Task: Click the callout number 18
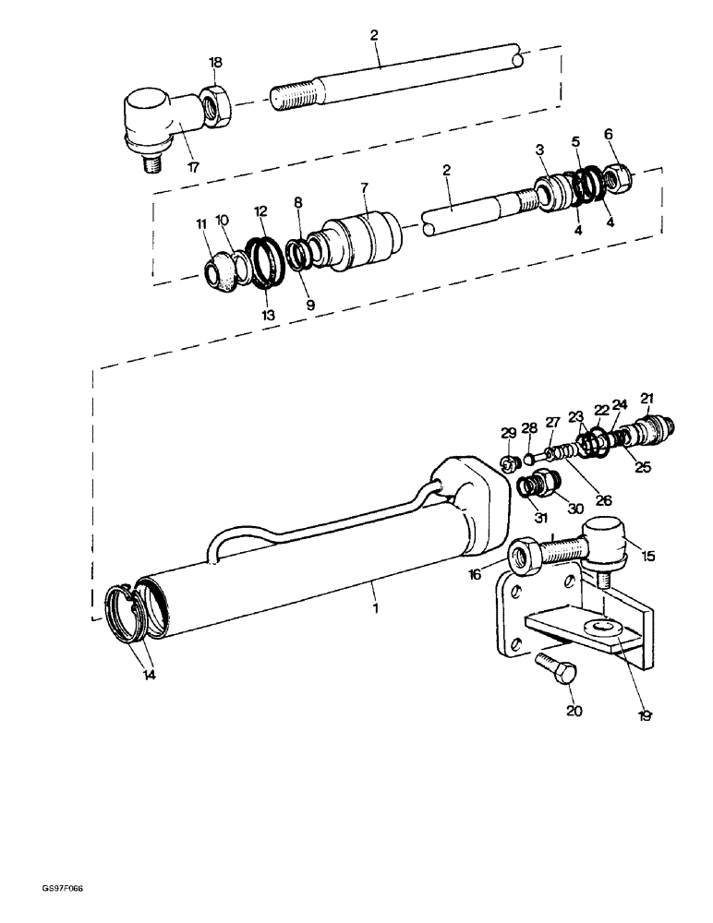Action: point(215,62)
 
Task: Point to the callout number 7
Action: point(363,187)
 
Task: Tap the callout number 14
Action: point(149,675)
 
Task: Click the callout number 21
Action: point(647,398)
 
